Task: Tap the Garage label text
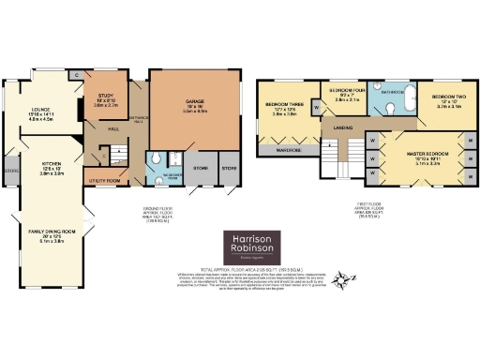click(x=183, y=108)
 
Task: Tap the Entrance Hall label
click(x=136, y=112)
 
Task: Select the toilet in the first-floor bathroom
click(x=391, y=110)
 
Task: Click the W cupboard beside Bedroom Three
click(x=316, y=109)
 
